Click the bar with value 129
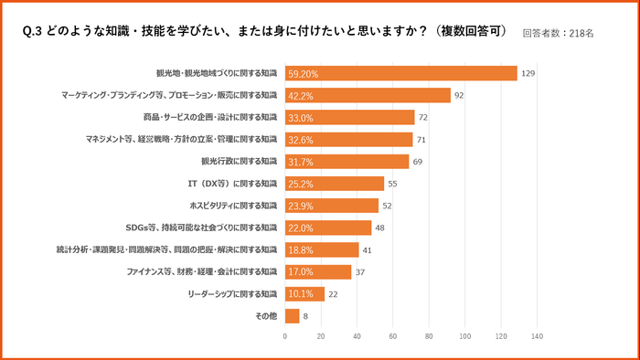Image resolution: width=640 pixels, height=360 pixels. [400, 73]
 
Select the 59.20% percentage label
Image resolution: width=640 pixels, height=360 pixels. [305, 73]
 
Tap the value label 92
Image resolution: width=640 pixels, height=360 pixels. [460, 95]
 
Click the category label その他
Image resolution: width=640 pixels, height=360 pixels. [265, 316]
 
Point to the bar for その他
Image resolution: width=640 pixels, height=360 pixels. [292, 316]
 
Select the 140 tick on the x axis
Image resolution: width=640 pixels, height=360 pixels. [536, 337]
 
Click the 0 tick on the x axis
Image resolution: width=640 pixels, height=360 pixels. [285, 337]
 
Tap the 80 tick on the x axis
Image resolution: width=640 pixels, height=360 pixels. [429, 337]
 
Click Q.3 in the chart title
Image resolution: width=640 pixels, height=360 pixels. [32, 31]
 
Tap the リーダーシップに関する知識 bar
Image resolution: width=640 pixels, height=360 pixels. [304, 294]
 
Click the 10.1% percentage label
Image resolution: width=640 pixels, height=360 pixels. [301, 294]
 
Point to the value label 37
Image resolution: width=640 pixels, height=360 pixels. [360, 272]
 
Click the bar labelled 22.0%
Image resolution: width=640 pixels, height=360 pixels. [328, 228]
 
